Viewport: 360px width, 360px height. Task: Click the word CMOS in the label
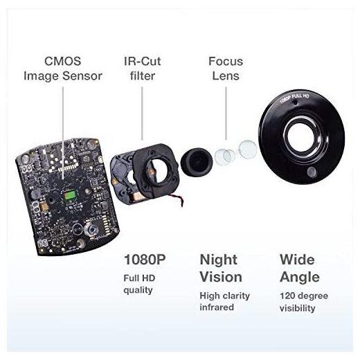point(62,62)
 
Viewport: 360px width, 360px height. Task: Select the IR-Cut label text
point(142,62)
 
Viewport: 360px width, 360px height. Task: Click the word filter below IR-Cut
point(143,76)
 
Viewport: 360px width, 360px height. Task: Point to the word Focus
point(226,62)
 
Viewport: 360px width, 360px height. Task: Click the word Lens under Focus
point(226,76)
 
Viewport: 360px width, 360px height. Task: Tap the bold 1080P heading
point(145,260)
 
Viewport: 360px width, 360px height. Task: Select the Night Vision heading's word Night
point(219,260)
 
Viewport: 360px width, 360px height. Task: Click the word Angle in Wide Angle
point(300,278)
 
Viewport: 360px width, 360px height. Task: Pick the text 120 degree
point(304,296)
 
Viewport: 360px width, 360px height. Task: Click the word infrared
point(217,307)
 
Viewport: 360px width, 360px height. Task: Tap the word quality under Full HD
point(138,291)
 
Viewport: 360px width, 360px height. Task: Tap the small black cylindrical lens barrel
point(197,162)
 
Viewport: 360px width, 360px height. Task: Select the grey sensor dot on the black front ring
point(312,172)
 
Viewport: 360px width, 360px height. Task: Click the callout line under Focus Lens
point(226,114)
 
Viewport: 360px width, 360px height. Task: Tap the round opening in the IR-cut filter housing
point(158,171)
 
